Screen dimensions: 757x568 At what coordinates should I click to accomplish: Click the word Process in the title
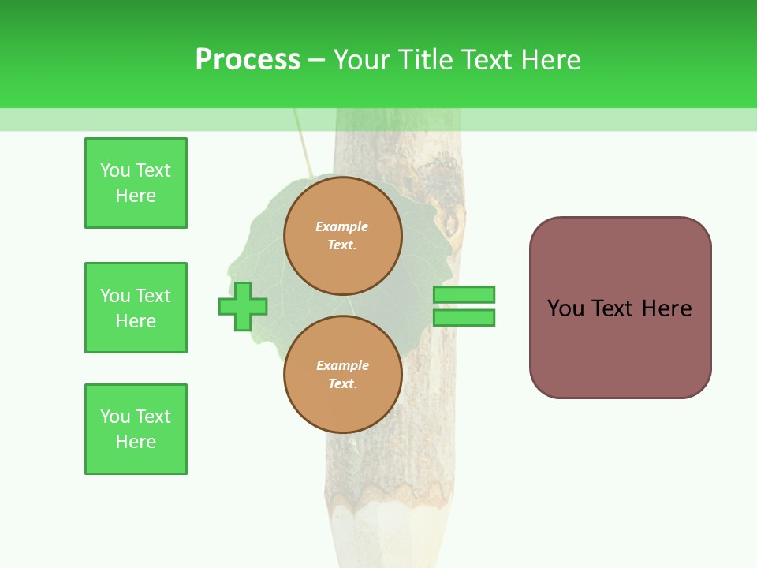pos(248,59)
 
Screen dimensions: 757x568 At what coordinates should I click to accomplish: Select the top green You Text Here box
pos(136,183)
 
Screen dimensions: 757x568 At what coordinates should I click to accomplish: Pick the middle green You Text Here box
pos(136,308)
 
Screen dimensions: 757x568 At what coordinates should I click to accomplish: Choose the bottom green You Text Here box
pos(136,429)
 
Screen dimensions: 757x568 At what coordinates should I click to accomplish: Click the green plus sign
pos(243,306)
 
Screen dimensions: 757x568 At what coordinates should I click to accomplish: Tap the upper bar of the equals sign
pos(464,294)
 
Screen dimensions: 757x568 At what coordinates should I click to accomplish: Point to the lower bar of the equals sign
pos(464,317)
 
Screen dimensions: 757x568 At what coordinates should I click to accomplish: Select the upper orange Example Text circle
pos(343,236)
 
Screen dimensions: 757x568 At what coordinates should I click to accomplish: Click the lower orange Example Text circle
pos(343,374)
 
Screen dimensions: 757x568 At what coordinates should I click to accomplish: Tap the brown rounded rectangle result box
pos(621,308)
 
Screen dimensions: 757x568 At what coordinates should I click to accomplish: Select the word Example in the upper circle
pos(341,226)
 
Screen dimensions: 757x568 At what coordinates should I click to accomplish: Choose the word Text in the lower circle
pos(343,383)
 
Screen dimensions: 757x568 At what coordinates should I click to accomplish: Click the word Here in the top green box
pos(136,196)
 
